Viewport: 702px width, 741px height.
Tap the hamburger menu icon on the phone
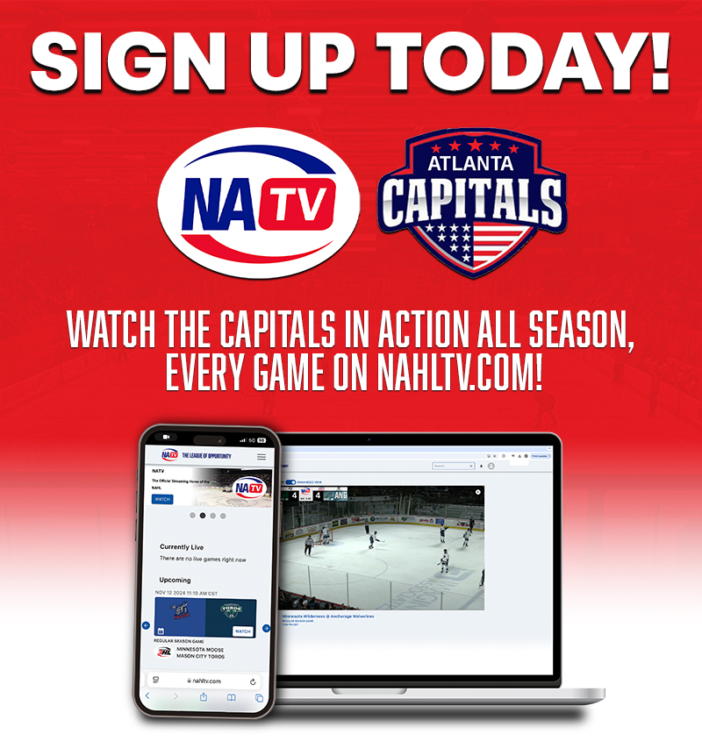[261, 457]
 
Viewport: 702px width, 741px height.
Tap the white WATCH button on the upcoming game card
[242, 631]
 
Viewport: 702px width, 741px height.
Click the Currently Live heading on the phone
[183, 547]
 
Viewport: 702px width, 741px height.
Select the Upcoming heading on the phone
[175, 580]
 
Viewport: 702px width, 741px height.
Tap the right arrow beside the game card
[266, 627]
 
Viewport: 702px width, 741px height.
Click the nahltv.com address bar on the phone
[204, 680]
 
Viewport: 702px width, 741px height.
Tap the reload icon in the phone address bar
[253, 680]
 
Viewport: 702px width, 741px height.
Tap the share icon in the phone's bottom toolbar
[204, 697]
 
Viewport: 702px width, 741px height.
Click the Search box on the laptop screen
[452, 466]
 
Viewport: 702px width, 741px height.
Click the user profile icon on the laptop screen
[491, 466]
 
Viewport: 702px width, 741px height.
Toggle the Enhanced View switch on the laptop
[290, 481]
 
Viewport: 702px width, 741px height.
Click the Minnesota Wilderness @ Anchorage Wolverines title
[327, 616]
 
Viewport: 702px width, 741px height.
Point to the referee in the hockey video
[308, 544]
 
